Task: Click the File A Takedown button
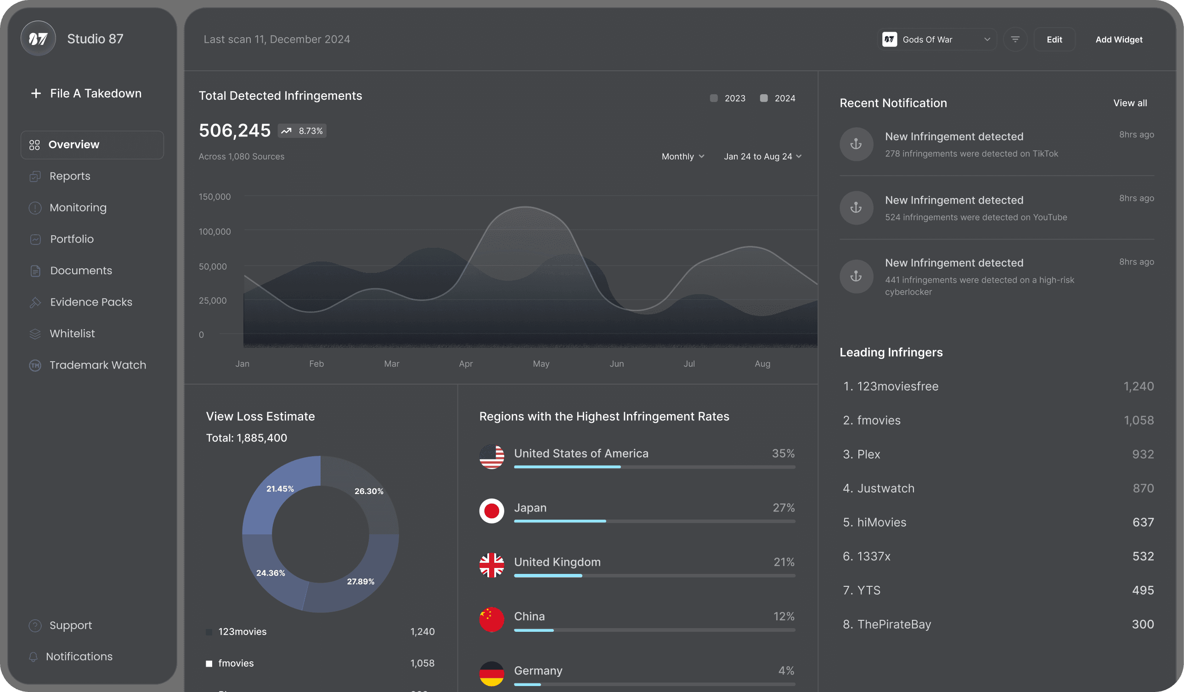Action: tap(86, 94)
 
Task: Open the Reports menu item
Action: tap(69, 176)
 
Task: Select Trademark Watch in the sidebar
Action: tap(98, 365)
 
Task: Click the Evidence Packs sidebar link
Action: tap(91, 302)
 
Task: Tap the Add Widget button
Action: tap(1119, 40)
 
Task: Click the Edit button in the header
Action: tap(1054, 40)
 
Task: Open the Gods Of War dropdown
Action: tap(937, 40)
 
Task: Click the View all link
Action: tap(1130, 103)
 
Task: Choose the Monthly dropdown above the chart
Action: tap(682, 157)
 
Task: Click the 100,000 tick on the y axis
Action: tap(215, 232)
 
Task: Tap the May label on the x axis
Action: tap(541, 364)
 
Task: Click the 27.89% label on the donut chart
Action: tap(361, 582)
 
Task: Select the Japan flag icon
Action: tap(491, 510)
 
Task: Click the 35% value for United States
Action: tap(783, 454)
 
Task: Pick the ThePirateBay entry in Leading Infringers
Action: tap(886, 624)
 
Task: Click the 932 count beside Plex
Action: tap(1143, 454)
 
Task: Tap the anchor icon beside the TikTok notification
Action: tap(856, 144)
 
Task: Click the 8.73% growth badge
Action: tap(302, 130)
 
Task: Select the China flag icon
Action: tap(491, 619)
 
